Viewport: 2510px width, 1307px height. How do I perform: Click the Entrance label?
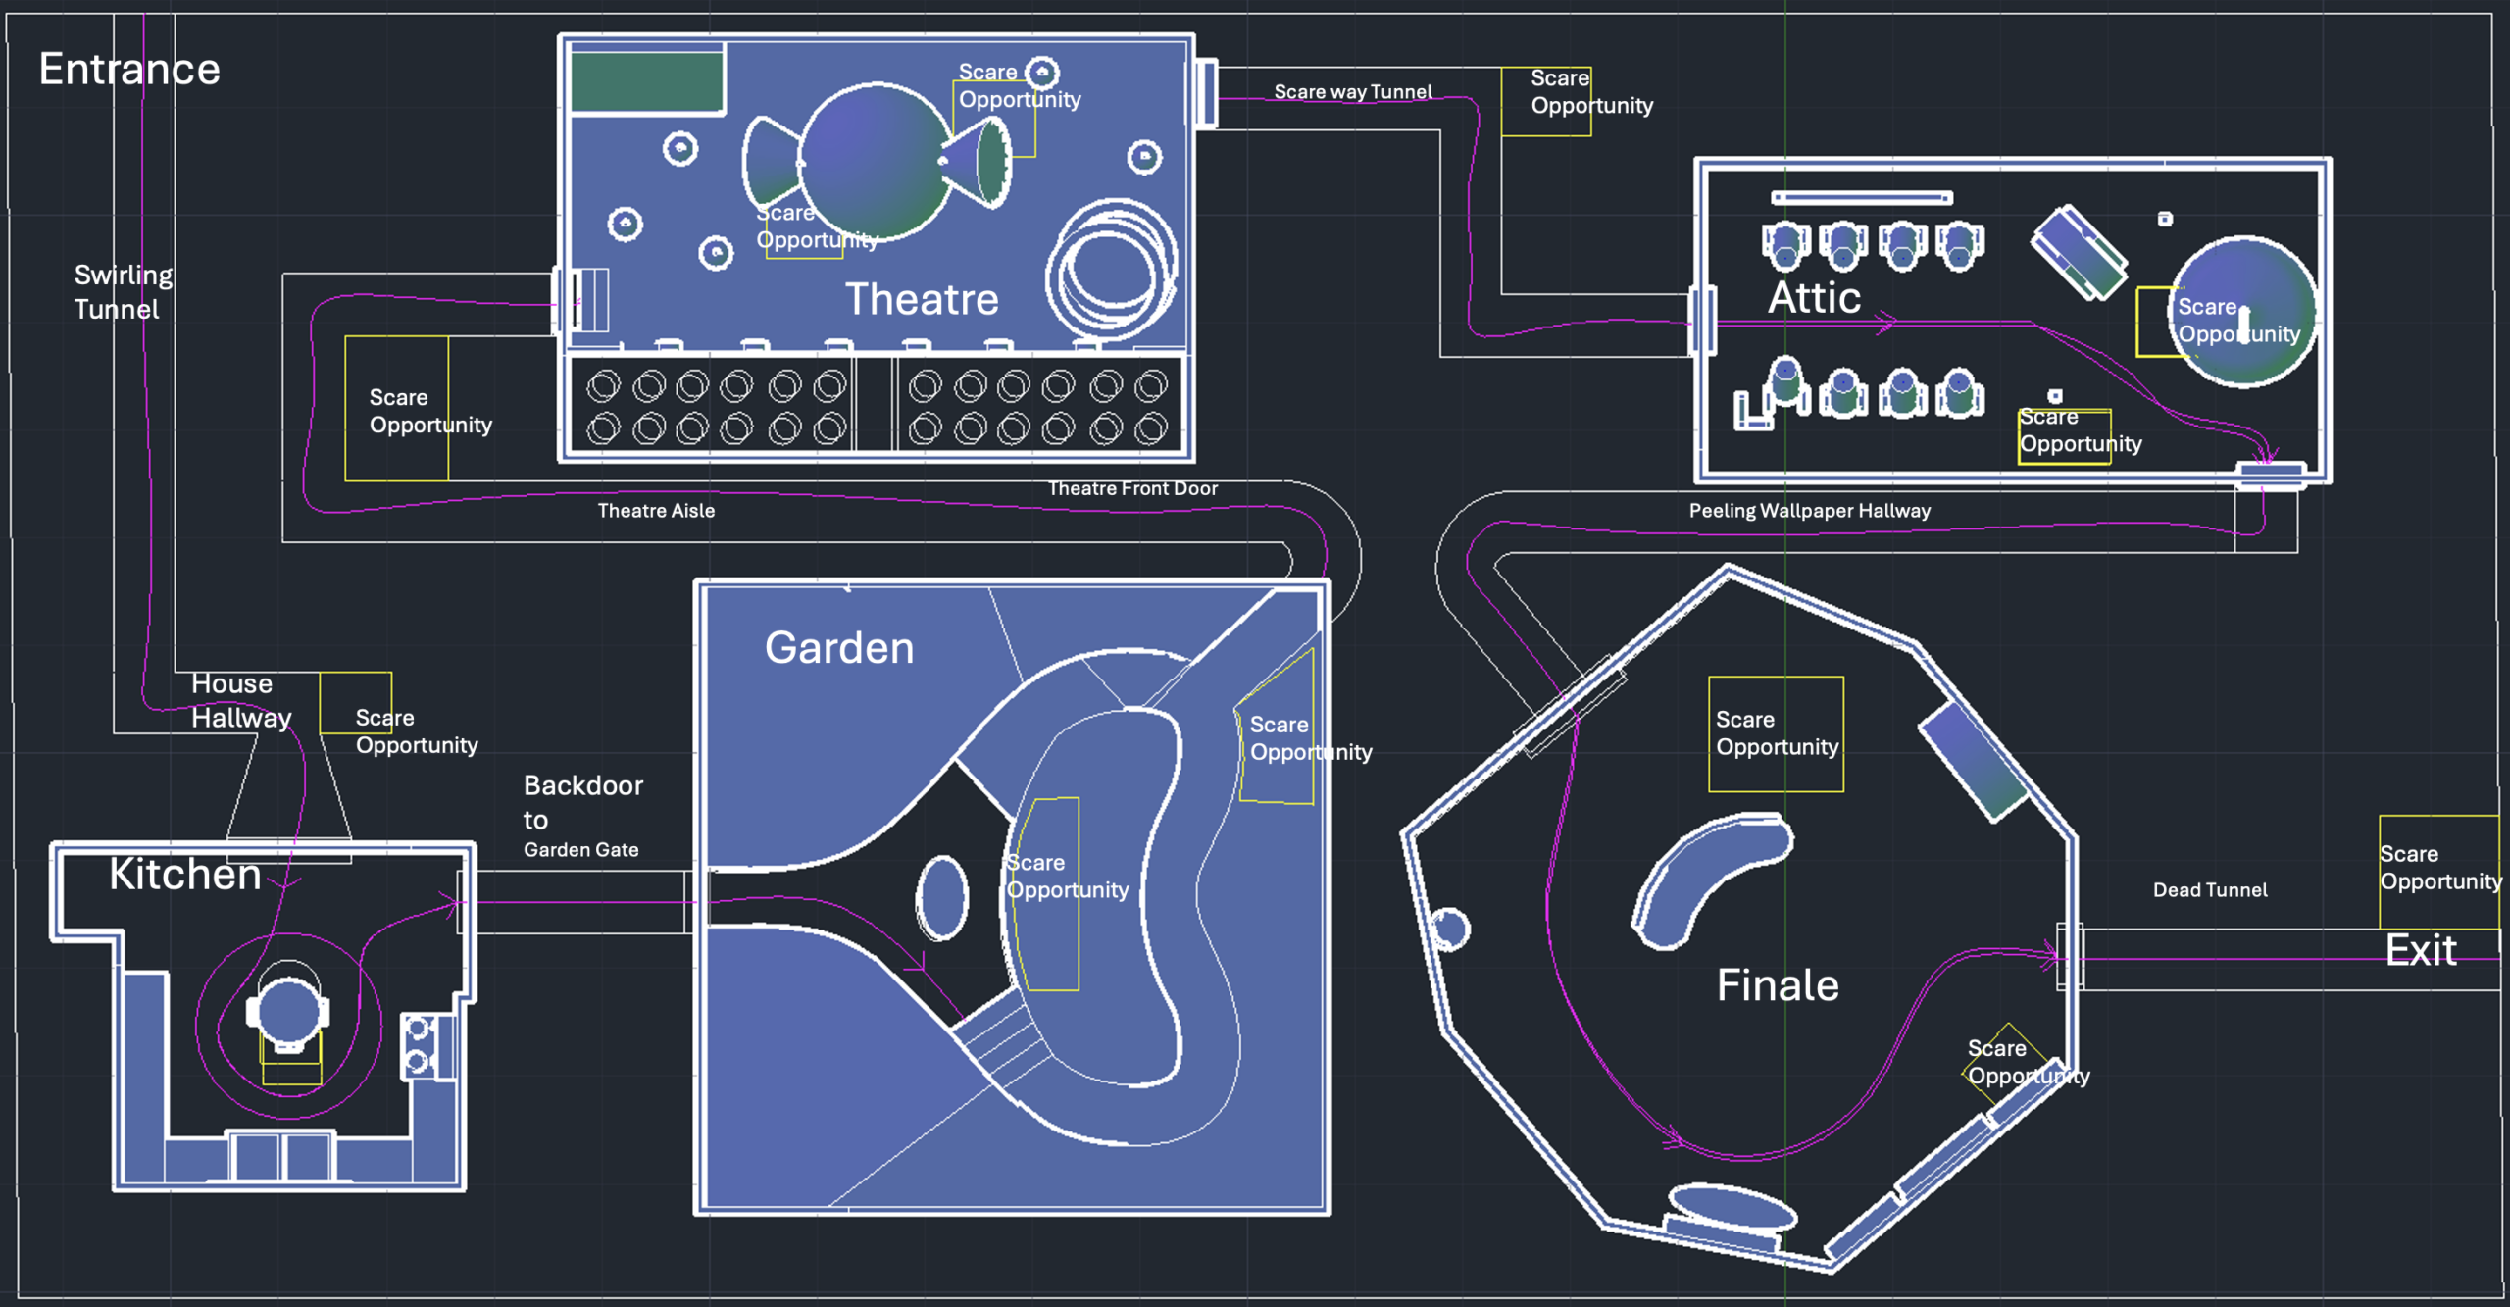click(129, 70)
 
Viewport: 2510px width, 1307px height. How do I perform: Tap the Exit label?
click(2421, 950)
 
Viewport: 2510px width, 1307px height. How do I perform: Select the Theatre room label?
click(922, 299)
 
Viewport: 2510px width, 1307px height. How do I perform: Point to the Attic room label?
click(1814, 297)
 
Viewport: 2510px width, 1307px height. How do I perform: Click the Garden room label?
click(839, 648)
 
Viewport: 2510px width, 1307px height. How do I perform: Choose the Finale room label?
click(1778, 985)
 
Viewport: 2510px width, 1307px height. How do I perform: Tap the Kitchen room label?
click(185, 874)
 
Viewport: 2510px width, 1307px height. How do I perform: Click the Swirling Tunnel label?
click(124, 292)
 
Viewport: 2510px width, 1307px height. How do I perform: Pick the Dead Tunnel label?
click(2210, 890)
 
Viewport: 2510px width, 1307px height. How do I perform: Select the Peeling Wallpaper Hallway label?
click(1809, 511)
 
